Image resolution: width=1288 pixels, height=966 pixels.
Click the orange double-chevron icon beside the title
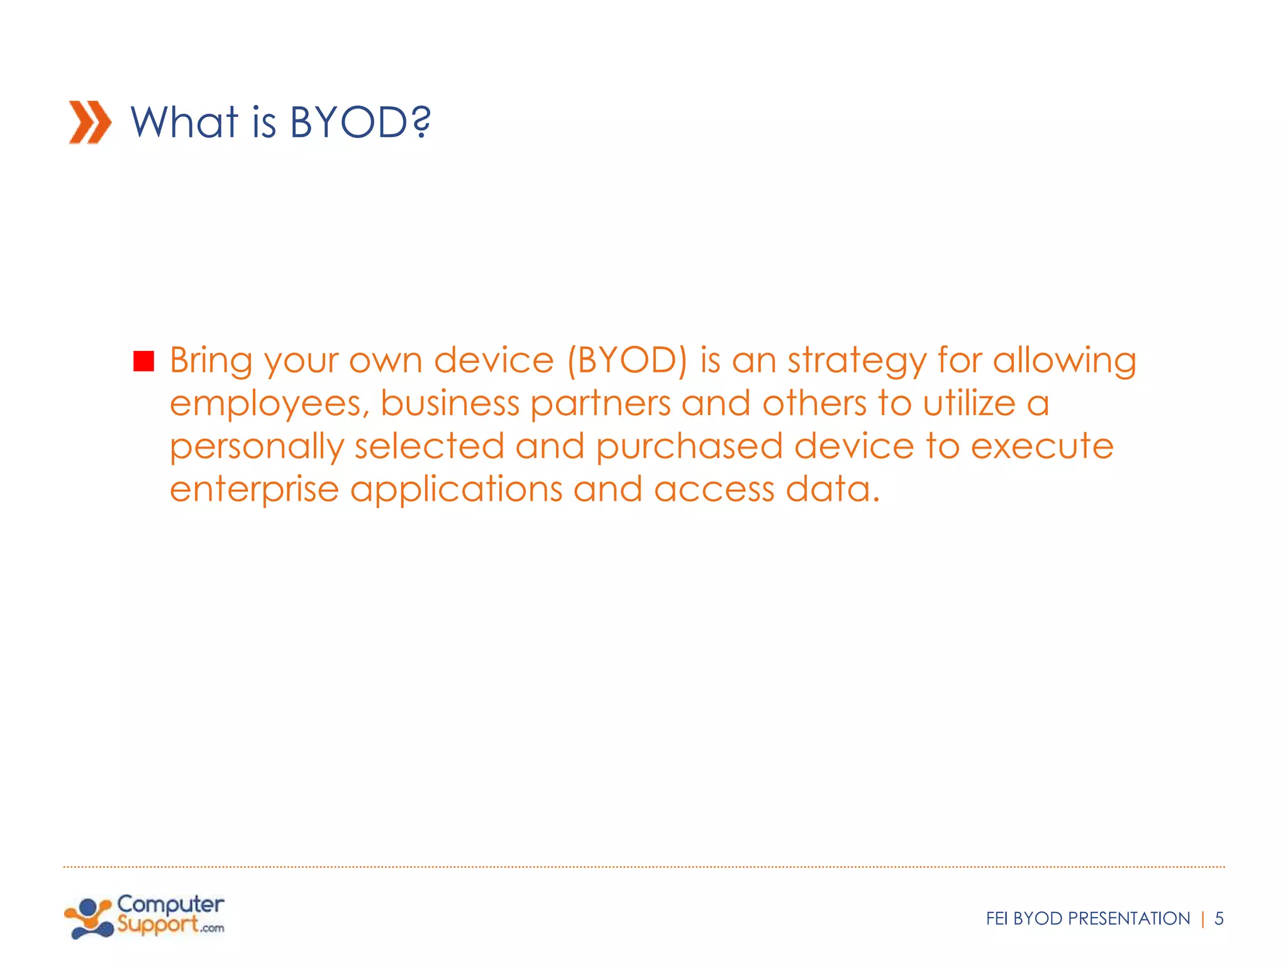(90, 122)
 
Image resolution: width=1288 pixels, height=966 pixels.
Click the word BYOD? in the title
(360, 122)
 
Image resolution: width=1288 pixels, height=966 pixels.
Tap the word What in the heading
(184, 122)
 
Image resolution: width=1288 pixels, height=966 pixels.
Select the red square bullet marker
(144, 362)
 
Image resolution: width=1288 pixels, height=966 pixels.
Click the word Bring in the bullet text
(211, 362)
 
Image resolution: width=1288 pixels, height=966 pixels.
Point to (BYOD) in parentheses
(627, 362)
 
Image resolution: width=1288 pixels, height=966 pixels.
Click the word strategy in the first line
(857, 362)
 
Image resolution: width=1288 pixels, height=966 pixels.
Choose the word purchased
(689, 447)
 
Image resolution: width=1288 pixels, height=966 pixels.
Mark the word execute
(1042, 447)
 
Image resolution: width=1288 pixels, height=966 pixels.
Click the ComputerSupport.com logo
(144, 918)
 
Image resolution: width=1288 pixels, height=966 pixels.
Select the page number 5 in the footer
(1219, 919)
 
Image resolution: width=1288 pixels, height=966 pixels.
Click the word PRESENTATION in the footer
(1129, 919)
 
